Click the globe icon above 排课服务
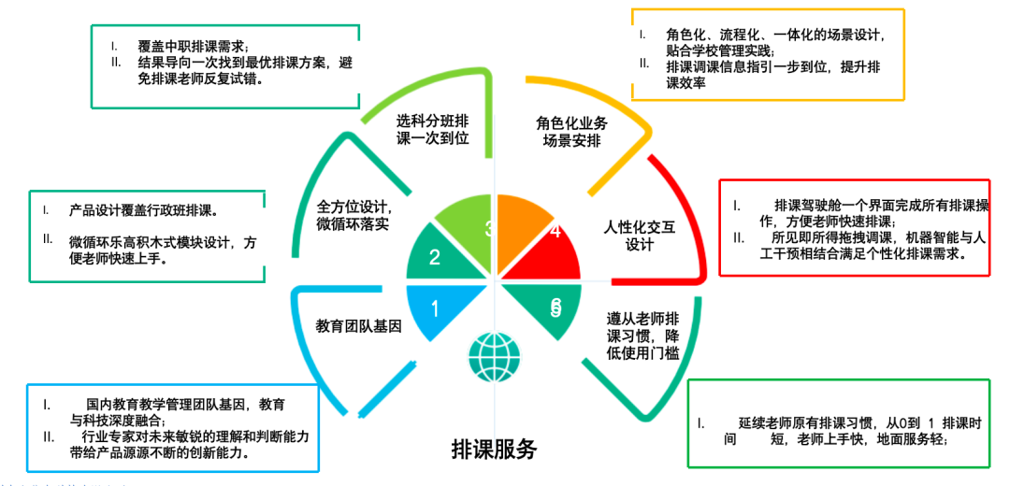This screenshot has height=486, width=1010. pyautogui.click(x=495, y=355)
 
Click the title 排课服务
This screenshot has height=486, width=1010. pyautogui.click(x=494, y=449)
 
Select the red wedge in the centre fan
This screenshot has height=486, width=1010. pyautogui.click(x=550, y=257)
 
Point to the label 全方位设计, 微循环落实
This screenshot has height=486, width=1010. pyautogui.click(x=353, y=215)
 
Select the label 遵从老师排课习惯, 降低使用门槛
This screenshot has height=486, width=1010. pyautogui.click(x=642, y=334)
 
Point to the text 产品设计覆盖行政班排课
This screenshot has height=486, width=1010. pyautogui.click(x=150, y=209)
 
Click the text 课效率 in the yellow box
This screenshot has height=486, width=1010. pyautogui.click(x=686, y=83)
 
